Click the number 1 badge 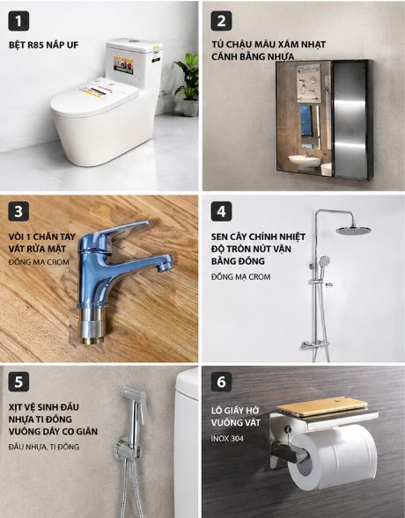click(x=18, y=21)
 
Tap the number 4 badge click(x=221, y=211)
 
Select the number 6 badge click(x=221, y=382)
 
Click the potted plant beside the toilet click(x=188, y=84)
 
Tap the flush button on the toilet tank click(x=134, y=41)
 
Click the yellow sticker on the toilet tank click(x=123, y=65)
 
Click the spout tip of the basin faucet click(x=164, y=267)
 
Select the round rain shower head click(x=353, y=230)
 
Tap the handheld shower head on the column click(x=323, y=262)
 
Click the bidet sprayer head click(x=134, y=400)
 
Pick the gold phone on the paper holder click(x=322, y=406)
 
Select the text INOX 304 click(x=227, y=439)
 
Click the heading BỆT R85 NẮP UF click(x=44, y=45)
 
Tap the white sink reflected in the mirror click(x=305, y=162)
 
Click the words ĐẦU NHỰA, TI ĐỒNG click(x=44, y=447)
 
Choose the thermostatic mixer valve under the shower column click(x=315, y=346)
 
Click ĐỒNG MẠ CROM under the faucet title click(x=39, y=262)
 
